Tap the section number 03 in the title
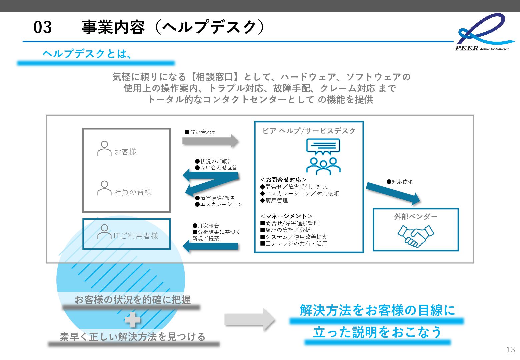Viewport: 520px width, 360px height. coord(43,27)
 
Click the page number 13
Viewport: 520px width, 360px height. coord(510,349)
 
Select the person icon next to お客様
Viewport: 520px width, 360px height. coord(104,148)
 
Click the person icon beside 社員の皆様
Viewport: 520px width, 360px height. coord(104,188)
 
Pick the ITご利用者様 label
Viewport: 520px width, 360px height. coord(136,236)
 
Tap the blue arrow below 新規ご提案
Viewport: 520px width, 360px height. coord(211,246)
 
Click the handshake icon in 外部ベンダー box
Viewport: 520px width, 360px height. coord(416,236)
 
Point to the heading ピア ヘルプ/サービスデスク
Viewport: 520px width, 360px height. coord(309,131)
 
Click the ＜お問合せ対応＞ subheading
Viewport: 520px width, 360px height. coord(283,180)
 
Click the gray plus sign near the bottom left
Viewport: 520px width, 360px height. coord(133,320)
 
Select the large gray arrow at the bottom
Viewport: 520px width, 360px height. coord(249,320)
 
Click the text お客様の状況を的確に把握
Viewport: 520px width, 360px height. coord(133,300)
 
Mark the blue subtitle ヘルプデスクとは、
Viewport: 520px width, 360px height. coord(87,54)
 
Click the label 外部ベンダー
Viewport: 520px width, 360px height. coord(416,217)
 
